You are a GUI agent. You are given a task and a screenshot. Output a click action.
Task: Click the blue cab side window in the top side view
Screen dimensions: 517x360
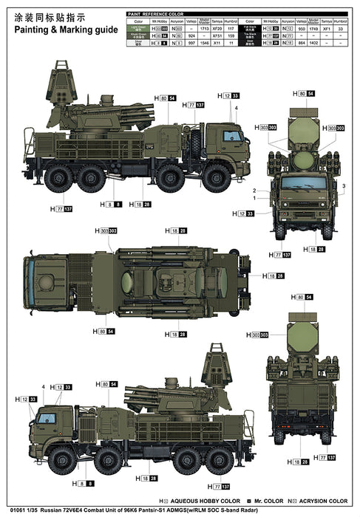[232, 136]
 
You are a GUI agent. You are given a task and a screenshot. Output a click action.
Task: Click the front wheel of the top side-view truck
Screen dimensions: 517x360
[217, 177]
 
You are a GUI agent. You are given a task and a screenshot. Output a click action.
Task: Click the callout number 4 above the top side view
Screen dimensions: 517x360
[235, 109]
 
